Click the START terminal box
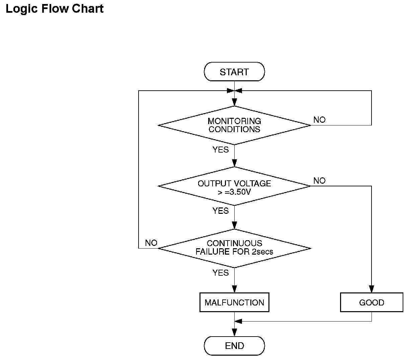click(x=234, y=72)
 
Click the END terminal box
click(x=234, y=346)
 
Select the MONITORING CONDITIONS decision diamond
click(x=234, y=125)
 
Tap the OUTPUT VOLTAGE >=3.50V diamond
click(x=234, y=186)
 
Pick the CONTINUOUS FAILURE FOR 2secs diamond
click(x=234, y=248)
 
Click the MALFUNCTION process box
click(x=234, y=302)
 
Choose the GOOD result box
click(x=372, y=302)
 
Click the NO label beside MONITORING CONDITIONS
click(x=319, y=120)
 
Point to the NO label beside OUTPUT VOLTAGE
click(x=319, y=181)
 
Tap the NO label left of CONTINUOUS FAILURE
click(x=151, y=243)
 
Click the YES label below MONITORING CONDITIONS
click(x=221, y=150)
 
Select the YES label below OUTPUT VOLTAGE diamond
click(x=221, y=211)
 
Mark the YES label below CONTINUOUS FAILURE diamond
click(x=221, y=273)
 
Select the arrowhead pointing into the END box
click(x=234, y=333)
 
